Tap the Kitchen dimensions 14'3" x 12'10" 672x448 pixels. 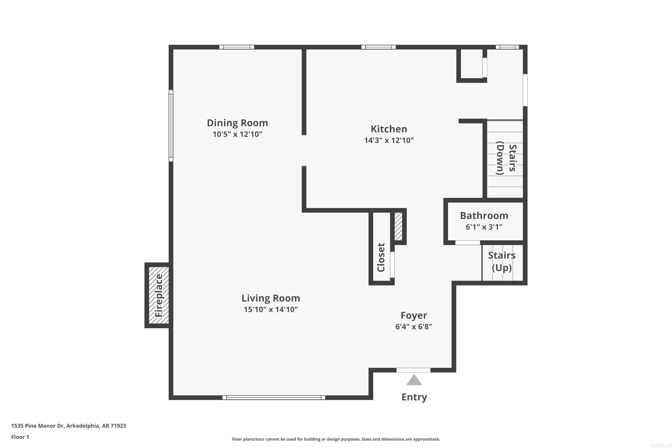tap(389, 140)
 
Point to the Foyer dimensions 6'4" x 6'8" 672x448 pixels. tap(414, 327)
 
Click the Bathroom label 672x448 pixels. tap(484, 215)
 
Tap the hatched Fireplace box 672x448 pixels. tap(159, 295)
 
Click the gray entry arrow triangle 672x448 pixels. tap(414, 380)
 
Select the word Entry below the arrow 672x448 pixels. tap(414, 397)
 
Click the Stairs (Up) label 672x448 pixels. tap(502, 261)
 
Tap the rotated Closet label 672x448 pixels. tap(381, 257)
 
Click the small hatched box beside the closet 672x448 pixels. tap(398, 226)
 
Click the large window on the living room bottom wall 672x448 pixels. tap(274, 397)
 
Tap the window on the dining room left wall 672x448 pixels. tap(171, 125)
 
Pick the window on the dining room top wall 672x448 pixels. tap(237, 47)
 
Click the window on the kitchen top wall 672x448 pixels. tap(378, 47)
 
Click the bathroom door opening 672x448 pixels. tap(467, 243)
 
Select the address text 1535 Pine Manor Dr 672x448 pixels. tap(69, 426)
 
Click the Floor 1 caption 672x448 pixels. tap(20, 437)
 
